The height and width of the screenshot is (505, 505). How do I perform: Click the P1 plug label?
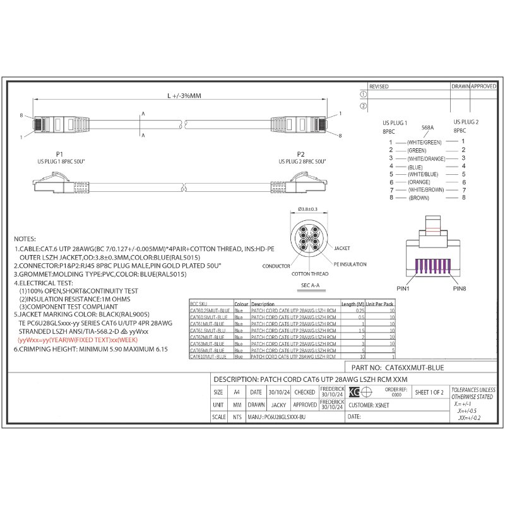59,154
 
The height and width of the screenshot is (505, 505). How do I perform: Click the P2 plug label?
300,154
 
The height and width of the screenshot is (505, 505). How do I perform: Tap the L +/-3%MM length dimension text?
184,96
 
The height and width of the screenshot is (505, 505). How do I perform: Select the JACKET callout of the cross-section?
342,248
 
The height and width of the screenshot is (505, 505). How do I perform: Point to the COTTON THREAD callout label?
309,274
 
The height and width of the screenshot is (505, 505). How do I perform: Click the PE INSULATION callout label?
349,264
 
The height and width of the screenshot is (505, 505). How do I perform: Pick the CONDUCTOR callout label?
276,266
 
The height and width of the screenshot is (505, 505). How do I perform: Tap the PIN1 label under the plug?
403,288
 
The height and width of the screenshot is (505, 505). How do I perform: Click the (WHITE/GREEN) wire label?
424,143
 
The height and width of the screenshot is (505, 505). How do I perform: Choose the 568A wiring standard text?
427,128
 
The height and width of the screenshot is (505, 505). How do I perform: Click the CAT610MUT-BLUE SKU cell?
209,357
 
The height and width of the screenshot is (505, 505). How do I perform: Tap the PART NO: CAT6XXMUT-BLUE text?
397,367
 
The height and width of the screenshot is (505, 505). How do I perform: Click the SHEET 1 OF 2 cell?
429,392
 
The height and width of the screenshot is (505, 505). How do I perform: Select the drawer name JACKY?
278,405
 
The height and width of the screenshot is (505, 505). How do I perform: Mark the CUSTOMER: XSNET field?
370,405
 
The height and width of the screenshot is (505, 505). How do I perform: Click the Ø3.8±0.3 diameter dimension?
307,209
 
